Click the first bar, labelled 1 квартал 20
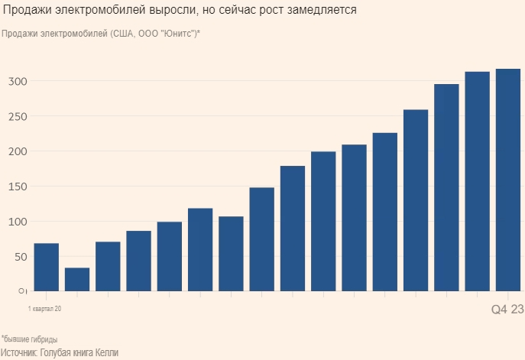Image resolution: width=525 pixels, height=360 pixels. (x=47, y=267)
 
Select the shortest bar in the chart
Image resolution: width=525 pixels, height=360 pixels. (x=77, y=279)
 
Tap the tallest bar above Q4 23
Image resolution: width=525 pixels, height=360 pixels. (x=508, y=180)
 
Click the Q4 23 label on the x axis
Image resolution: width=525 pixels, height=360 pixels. (x=507, y=309)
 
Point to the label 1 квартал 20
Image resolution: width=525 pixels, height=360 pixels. (x=44, y=309)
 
